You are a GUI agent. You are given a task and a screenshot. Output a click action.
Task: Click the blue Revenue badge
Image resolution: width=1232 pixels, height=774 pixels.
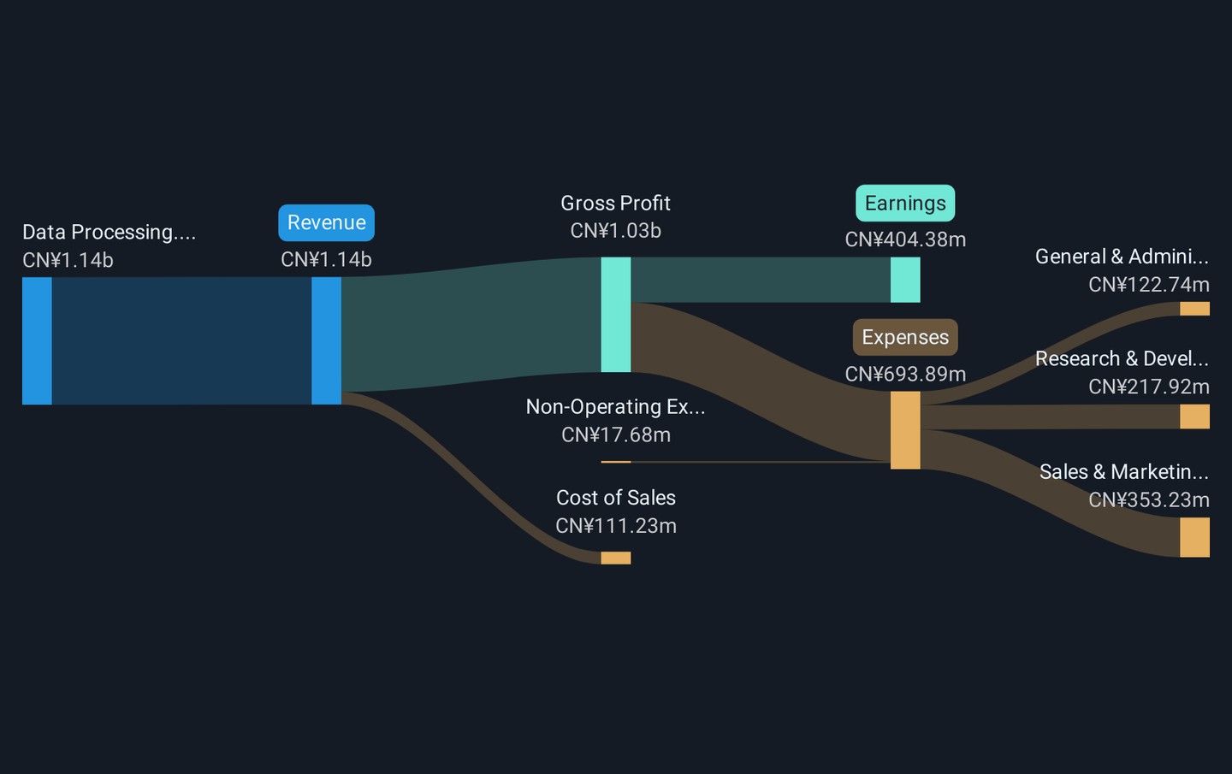326,222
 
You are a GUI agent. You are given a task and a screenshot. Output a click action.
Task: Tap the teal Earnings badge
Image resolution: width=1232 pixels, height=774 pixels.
905,203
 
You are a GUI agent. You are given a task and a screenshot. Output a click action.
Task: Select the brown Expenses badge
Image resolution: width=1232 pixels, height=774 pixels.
905,337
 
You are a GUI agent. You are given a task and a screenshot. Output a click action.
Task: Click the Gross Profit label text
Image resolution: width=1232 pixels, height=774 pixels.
615,204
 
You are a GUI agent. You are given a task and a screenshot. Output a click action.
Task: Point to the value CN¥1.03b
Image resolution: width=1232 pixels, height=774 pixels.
615,231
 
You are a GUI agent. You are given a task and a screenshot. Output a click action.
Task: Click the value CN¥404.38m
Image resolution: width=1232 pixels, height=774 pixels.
905,239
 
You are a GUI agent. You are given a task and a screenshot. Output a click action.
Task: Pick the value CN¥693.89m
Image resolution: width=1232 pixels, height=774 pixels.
905,375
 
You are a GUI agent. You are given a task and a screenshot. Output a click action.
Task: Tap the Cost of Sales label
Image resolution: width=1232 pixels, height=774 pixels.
615,498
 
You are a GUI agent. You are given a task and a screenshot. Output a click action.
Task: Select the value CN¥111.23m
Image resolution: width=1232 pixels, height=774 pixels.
615,526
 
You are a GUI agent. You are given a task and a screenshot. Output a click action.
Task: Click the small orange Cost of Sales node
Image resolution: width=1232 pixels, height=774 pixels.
616,558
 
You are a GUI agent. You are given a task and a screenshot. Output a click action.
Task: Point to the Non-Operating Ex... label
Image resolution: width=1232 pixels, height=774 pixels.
615,407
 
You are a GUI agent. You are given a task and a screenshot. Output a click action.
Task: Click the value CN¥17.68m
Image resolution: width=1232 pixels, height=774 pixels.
615,434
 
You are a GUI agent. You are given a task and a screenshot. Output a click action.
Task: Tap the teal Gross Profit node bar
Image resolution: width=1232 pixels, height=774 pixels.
616,315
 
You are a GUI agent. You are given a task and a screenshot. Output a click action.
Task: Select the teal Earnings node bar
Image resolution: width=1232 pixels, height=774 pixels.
905,280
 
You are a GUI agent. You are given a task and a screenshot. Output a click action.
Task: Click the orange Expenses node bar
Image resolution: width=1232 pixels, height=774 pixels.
905,430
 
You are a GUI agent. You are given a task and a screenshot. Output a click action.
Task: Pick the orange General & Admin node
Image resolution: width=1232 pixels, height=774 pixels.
1194,309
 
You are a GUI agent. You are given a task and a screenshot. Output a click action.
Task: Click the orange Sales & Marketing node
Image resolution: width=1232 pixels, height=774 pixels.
1194,537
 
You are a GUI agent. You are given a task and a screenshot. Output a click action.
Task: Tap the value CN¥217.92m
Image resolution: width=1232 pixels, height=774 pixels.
1149,387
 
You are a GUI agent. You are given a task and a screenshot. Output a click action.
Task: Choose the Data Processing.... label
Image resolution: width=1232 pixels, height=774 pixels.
109,232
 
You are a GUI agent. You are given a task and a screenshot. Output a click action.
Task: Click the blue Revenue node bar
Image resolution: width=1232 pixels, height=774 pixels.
326,341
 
